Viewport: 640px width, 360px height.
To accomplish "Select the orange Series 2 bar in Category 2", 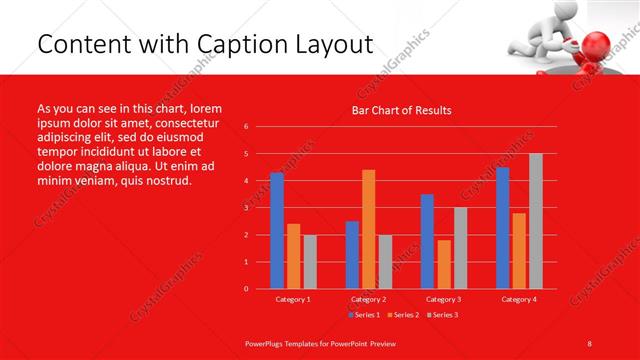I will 369,229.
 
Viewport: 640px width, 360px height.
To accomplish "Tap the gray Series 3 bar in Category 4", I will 536,221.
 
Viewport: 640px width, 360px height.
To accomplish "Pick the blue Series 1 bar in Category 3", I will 428,241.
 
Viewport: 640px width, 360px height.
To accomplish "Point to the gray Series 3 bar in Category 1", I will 310,262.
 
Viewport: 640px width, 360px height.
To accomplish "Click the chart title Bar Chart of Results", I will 401,110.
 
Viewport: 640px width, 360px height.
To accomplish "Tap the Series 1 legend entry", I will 365,315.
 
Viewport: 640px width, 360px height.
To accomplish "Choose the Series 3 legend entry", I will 444,315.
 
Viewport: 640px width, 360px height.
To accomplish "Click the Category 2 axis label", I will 369,299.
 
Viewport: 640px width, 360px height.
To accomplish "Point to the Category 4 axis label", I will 519,299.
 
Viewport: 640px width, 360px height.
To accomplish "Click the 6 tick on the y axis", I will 247,127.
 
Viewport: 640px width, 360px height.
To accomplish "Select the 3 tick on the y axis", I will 247,208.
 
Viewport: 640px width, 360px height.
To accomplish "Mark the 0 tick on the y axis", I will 247,289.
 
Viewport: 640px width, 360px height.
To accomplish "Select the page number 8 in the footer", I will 590,342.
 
